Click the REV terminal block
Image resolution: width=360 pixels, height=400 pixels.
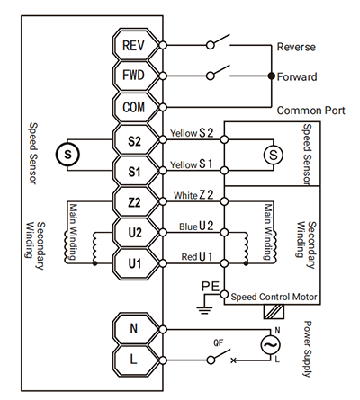click(136, 45)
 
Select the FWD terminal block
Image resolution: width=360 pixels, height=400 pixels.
click(136, 76)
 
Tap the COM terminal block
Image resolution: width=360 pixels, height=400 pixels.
click(136, 107)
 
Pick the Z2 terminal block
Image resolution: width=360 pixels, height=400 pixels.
click(136, 201)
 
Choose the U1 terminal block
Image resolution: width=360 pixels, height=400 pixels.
click(136, 263)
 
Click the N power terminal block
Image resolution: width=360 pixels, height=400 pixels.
click(136, 329)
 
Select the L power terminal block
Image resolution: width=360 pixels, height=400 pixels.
click(136, 360)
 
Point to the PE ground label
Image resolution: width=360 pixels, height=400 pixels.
click(211, 287)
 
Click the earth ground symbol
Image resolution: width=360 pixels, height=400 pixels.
click(205, 310)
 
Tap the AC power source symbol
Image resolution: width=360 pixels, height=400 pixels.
click(270, 345)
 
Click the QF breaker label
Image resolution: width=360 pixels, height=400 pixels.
click(219, 342)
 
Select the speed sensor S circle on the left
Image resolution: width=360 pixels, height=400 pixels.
click(67, 155)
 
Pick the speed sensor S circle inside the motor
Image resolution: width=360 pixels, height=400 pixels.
click(274, 155)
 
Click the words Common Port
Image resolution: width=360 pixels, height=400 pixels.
click(311, 111)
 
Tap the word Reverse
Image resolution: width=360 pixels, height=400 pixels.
click(296, 47)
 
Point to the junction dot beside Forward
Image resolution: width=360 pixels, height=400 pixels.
click(272, 76)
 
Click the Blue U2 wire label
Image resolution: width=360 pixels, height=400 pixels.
click(196, 227)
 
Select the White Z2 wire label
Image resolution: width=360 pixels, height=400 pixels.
click(193, 195)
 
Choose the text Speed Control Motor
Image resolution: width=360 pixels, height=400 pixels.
click(274, 297)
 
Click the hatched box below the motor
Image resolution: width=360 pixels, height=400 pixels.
click(274, 312)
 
